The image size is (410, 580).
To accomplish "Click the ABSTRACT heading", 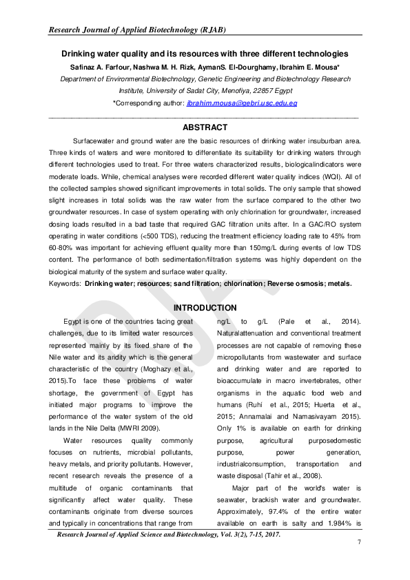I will [205, 127].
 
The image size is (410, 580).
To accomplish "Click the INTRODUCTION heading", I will [205, 307].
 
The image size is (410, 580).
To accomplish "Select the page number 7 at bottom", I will [359, 543].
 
